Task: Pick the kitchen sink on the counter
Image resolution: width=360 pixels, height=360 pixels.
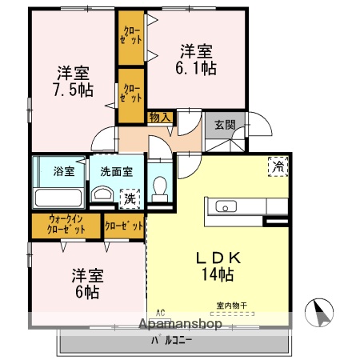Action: pos(223,207)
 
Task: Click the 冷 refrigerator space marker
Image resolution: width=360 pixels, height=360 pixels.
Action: pos(278,167)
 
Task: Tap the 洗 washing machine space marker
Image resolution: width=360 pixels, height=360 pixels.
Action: pos(127,197)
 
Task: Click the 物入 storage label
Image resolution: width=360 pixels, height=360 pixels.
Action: pos(159,117)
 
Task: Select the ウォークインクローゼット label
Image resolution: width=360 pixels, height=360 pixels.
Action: pos(66,224)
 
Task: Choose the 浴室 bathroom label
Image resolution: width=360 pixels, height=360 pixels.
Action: pos(63,170)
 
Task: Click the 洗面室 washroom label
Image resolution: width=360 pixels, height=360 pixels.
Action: pos(106,170)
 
